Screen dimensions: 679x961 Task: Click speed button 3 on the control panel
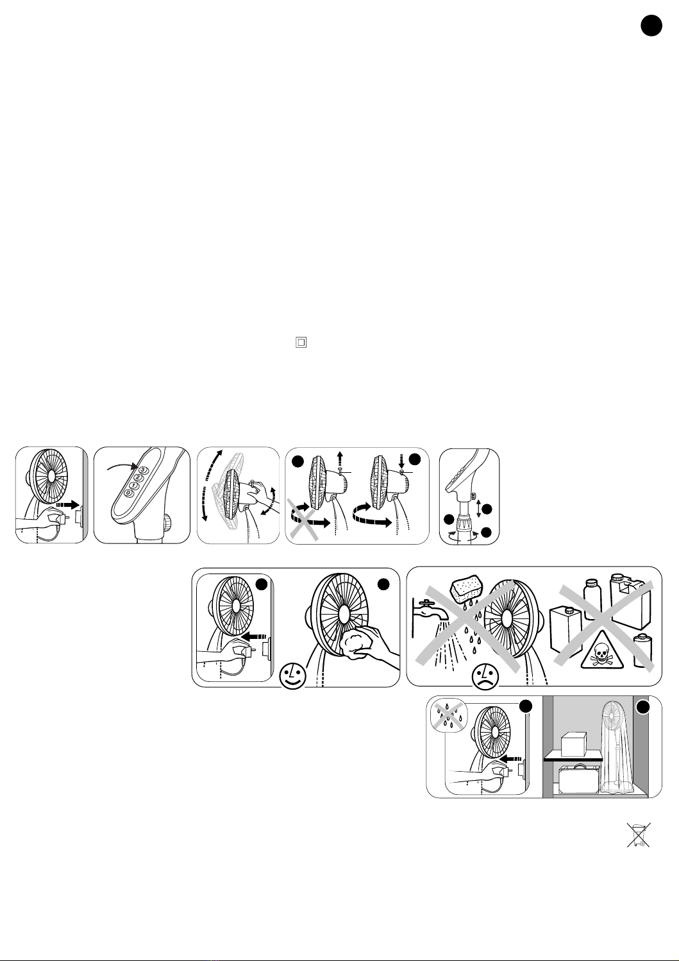pos(143,470)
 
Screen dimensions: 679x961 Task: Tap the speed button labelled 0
pos(129,493)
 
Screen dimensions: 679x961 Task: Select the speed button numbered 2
pos(138,478)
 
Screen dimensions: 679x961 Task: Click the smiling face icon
pos(293,677)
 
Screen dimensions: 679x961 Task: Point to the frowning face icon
pos(485,677)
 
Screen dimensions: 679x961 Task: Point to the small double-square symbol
pos(301,343)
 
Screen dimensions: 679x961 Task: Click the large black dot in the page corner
pos(651,25)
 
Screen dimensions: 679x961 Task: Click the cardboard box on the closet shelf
pos(574,745)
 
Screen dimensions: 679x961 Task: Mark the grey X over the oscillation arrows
pos(303,519)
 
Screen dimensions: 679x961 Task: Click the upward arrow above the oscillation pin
pos(340,457)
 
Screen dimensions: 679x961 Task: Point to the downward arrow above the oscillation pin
pos(401,462)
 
